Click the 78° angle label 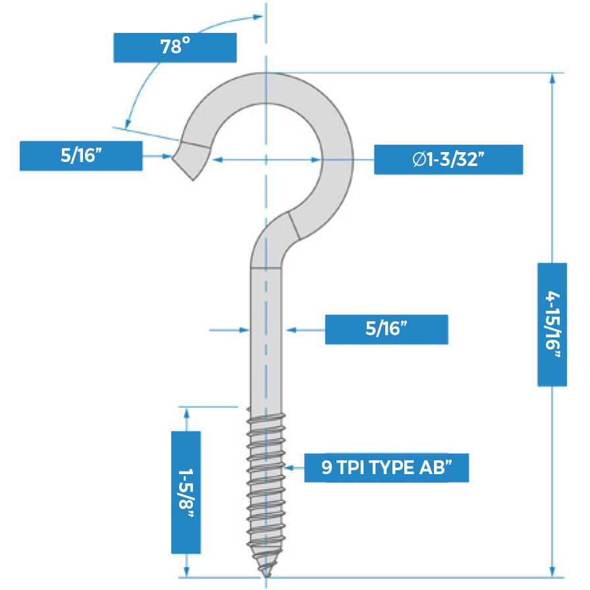174,47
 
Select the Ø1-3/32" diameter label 448,159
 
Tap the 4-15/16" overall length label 552,324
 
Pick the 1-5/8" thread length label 186,492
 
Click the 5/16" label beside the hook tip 81,156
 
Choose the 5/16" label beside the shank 386,329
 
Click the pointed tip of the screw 265,574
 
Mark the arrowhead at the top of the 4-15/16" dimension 552,78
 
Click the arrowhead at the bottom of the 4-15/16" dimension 552,572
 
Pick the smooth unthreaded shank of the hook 267,336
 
